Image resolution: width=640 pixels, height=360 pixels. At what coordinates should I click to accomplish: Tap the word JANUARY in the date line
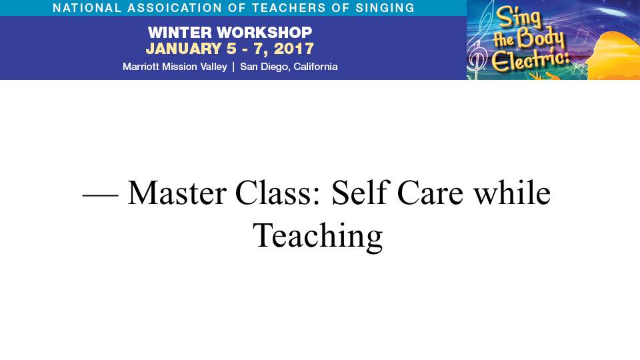point(184,49)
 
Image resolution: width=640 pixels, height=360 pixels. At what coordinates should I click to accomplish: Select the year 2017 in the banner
point(294,49)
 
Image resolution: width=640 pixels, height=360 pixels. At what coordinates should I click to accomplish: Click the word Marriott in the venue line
point(141,67)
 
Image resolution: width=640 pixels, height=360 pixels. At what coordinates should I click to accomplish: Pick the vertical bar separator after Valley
point(233,67)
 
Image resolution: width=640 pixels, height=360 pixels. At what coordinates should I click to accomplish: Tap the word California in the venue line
point(315,67)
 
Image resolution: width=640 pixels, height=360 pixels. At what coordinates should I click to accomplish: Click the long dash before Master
point(101,195)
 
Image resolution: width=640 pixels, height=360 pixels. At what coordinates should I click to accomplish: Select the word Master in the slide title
point(177,193)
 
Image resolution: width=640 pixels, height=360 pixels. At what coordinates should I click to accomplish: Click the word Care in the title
point(430,193)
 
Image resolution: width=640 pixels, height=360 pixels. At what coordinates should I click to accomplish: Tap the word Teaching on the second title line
point(318,236)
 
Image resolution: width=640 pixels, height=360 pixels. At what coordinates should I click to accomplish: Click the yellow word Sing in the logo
point(519,18)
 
